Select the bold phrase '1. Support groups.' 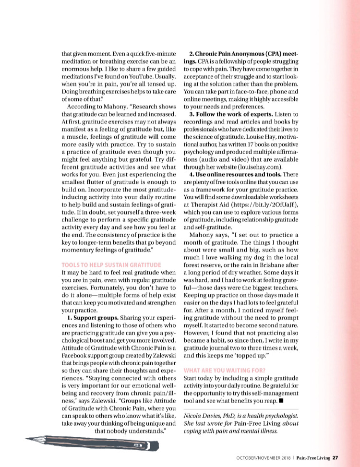(93, 318)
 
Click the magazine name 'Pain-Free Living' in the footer (313, 457)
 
